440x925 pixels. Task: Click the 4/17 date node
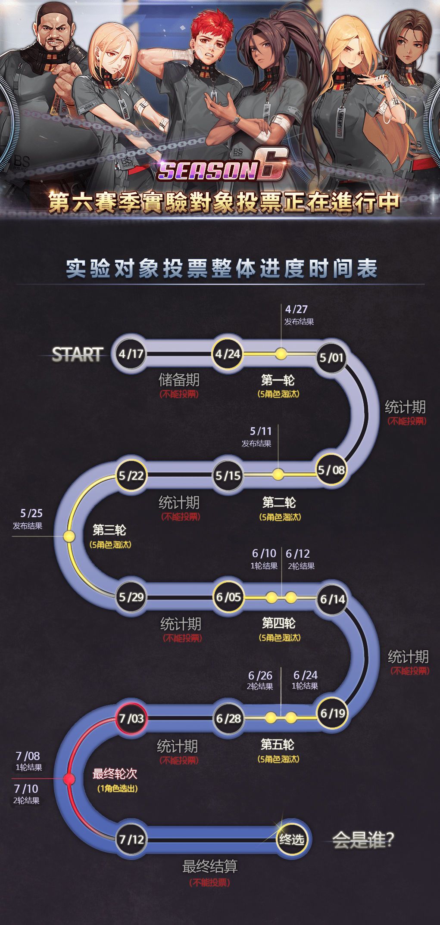(131, 354)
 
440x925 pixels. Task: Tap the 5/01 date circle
(331, 357)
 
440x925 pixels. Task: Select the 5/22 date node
(131, 476)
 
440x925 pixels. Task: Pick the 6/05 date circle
(228, 597)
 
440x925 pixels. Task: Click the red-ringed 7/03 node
(131, 718)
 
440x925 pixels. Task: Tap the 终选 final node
(292, 839)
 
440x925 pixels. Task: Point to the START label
(77, 354)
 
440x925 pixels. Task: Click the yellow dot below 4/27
(281, 354)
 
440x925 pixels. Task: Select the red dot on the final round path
(69, 779)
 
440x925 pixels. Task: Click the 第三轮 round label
(109, 530)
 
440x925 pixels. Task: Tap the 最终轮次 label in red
(115, 774)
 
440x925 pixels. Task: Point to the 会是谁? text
(363, 840)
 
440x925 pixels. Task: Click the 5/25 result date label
(31, 513)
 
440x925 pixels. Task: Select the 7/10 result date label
(26, 788)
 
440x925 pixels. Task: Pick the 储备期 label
(179, 380)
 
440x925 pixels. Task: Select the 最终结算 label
(210, 866)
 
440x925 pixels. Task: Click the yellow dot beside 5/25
(69, 536)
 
